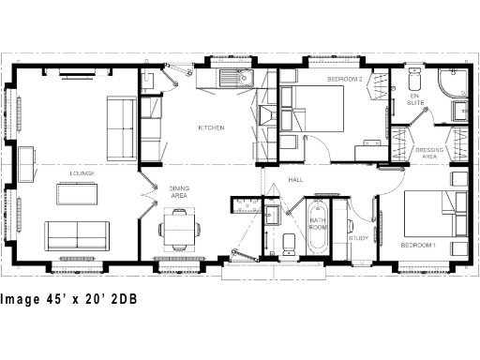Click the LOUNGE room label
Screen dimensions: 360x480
[x=82, y=173]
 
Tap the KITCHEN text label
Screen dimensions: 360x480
[x=210, y=127]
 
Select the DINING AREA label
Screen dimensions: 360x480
[x=179, y=191]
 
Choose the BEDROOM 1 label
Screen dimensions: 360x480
[x=419, y=245]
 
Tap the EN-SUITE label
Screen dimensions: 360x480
[x=414, y=99]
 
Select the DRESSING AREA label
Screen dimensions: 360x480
[x=427, y=155]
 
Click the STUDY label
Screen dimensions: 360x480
[x=358, y=238]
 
